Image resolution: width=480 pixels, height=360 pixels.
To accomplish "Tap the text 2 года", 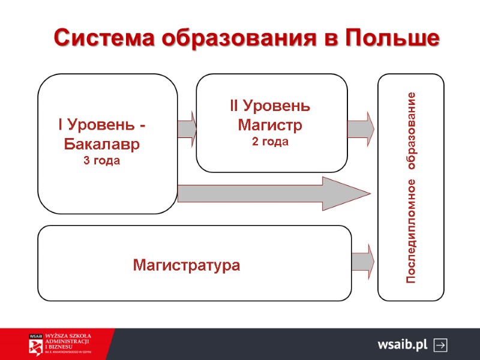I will coord(270,142).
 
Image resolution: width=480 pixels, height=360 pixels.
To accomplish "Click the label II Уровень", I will coord(270,107).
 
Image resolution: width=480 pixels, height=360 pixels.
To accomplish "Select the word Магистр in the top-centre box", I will coord(270,125).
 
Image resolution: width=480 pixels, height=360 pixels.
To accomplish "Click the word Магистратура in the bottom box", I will coord(187,265).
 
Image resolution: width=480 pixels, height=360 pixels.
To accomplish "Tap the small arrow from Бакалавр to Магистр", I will coord(187,128).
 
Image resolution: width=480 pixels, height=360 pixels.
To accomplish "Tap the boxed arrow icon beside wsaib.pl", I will coord(440,345).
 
